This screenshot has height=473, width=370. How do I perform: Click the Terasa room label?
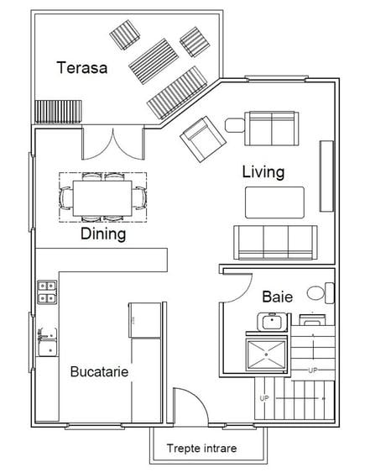point(81,67)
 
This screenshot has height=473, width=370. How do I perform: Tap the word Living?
point(263,172)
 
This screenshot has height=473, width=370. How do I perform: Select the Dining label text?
point(103,234)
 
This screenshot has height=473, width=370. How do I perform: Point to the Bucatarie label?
point(100,371)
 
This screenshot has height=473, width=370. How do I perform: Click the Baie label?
point(277,297)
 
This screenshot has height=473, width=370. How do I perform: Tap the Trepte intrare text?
point(201,449)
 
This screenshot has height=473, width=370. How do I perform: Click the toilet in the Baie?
point(320,292)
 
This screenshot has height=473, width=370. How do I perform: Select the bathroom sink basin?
point(272,322)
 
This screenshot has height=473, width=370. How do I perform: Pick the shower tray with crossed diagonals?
point(266,355)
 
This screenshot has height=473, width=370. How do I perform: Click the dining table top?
point(102,198)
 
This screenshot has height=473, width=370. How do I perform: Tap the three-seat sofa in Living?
point(275,242)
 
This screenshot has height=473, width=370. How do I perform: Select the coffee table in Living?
point(274,202)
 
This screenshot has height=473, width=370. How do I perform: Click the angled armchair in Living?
point(203,139)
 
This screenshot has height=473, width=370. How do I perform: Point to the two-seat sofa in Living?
point(272,129)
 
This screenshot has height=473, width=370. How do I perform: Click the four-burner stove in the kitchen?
point(47,292)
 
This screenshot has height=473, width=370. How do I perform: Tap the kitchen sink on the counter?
point(47,342)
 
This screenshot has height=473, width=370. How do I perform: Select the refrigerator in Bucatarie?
point(145,320)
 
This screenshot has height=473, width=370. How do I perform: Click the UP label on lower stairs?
point(264,398)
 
